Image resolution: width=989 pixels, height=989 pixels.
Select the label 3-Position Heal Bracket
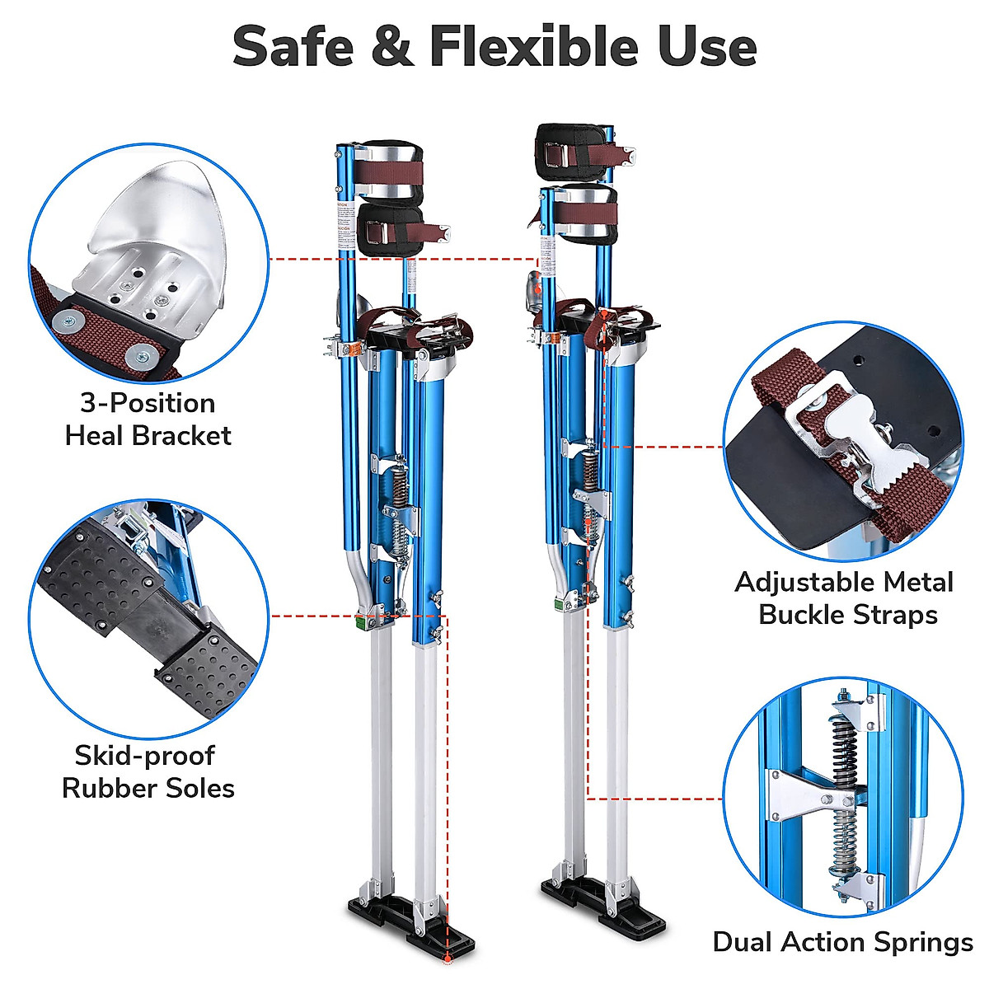pos(148,419)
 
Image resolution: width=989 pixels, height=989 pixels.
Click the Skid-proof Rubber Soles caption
pos(148,771)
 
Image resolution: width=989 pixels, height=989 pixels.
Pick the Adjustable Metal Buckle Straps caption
pos(844,598)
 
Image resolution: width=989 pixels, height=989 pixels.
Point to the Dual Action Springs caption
pos(842,942)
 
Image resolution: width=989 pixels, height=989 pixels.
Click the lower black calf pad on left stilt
pos(390,230)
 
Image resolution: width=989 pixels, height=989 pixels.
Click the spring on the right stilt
pos(590,486)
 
